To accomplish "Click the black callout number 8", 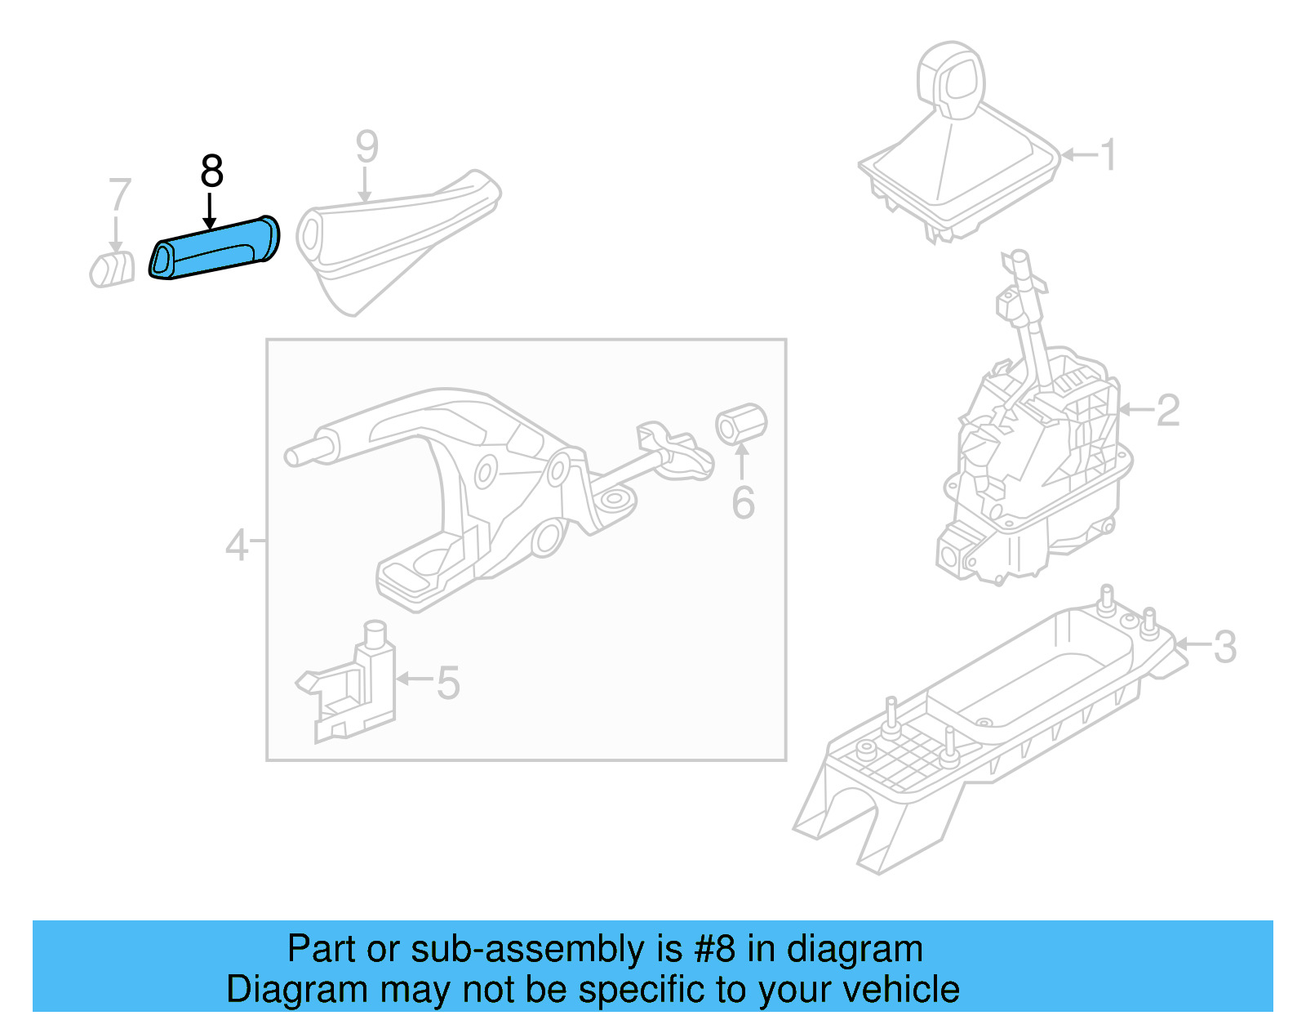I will [x=211, y=171].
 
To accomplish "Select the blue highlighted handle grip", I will [x=215, y=248].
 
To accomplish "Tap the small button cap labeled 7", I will [x=113, y=269].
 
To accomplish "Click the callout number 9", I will [x=367, y=148].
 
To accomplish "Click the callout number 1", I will [x=1108, y=155].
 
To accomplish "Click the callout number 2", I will [x=1168, y=410].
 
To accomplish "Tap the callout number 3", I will [x=1224, y=648].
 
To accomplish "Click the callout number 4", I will [x=237, y=545].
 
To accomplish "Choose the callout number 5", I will [x=448, y=683].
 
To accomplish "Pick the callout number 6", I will [x=743, y=503].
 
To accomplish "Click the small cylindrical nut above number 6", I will [x=741, y=424].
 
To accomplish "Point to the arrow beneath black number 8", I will [x=210, y=211].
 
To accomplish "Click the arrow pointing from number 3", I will [x=1192, y=645].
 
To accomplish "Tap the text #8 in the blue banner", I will [x=715, y=949].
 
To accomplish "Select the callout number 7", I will [x=119, y=195].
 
